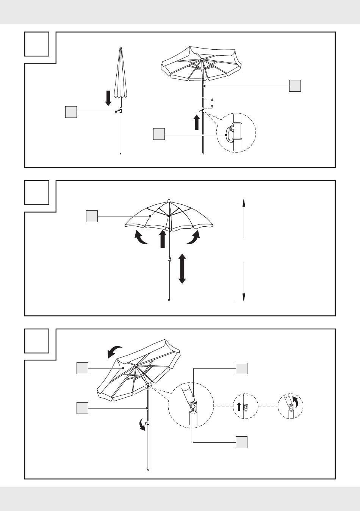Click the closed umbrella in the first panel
point(120,76)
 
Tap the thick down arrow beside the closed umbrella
point(108,98)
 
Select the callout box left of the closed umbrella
point(71,112)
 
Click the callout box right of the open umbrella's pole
point(295,86)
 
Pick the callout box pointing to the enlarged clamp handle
point(159,134)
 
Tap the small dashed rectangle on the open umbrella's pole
point(206,103)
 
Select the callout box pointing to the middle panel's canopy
point(92,216)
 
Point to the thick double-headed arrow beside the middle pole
point(182,268)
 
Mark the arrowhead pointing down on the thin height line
point(244,298)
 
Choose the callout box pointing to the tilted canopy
point(82,368)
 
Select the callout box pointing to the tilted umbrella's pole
point(82,408)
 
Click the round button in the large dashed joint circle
point(193,407)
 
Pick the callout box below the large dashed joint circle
point(241,442)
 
